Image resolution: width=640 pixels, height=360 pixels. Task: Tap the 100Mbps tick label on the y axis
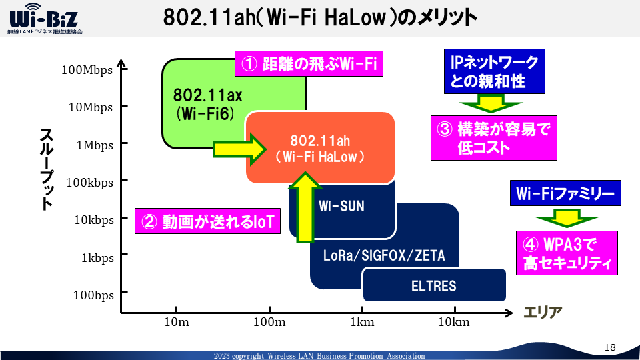87,70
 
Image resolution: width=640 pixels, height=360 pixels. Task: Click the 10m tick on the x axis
176,323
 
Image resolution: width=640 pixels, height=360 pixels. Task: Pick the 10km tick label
455,323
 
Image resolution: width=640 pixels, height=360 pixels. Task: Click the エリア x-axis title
543,312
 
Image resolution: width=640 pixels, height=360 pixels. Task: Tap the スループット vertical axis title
46,169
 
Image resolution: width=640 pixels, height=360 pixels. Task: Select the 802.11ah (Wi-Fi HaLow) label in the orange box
320,149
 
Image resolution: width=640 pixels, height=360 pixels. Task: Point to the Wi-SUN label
341,206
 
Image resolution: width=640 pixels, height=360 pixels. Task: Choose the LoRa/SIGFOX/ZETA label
383,255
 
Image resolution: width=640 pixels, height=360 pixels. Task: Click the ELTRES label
434,286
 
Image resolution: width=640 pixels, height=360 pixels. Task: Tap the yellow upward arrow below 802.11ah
305,207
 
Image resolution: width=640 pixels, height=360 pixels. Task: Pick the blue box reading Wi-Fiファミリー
565,194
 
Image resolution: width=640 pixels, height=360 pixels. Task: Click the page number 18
611,347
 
